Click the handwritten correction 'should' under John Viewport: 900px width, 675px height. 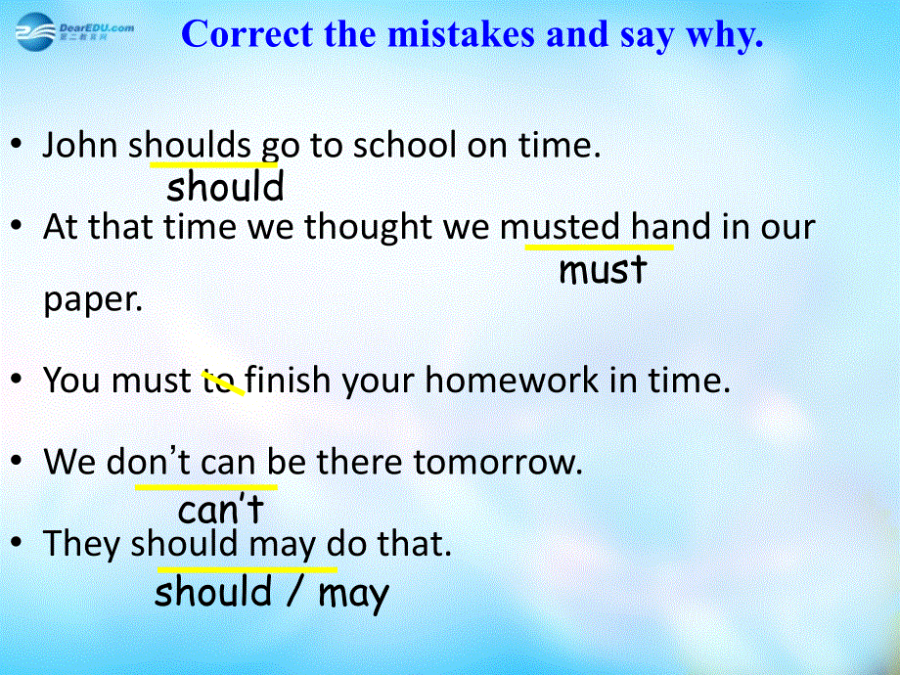click(225, 186)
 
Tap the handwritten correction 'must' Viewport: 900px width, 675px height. click(603, 270)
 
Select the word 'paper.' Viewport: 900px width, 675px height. click(93, 299)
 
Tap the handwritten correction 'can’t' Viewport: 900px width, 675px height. click(221, 508)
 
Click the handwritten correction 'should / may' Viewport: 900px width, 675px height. click(272, 592)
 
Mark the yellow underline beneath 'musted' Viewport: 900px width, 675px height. click(599, 247)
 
